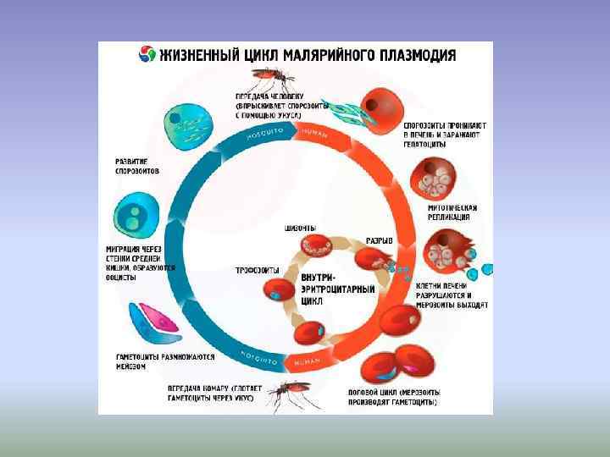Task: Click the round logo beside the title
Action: (147, 55)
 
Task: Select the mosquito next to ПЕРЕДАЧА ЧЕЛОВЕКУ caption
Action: (275, 77)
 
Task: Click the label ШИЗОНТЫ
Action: (301, 228)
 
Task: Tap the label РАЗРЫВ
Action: (379, 240)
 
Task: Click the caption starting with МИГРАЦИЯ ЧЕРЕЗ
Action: (141, 258)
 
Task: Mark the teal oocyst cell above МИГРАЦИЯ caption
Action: (135, 214)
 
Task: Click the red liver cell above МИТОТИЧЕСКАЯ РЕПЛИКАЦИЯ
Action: (433, 177)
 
